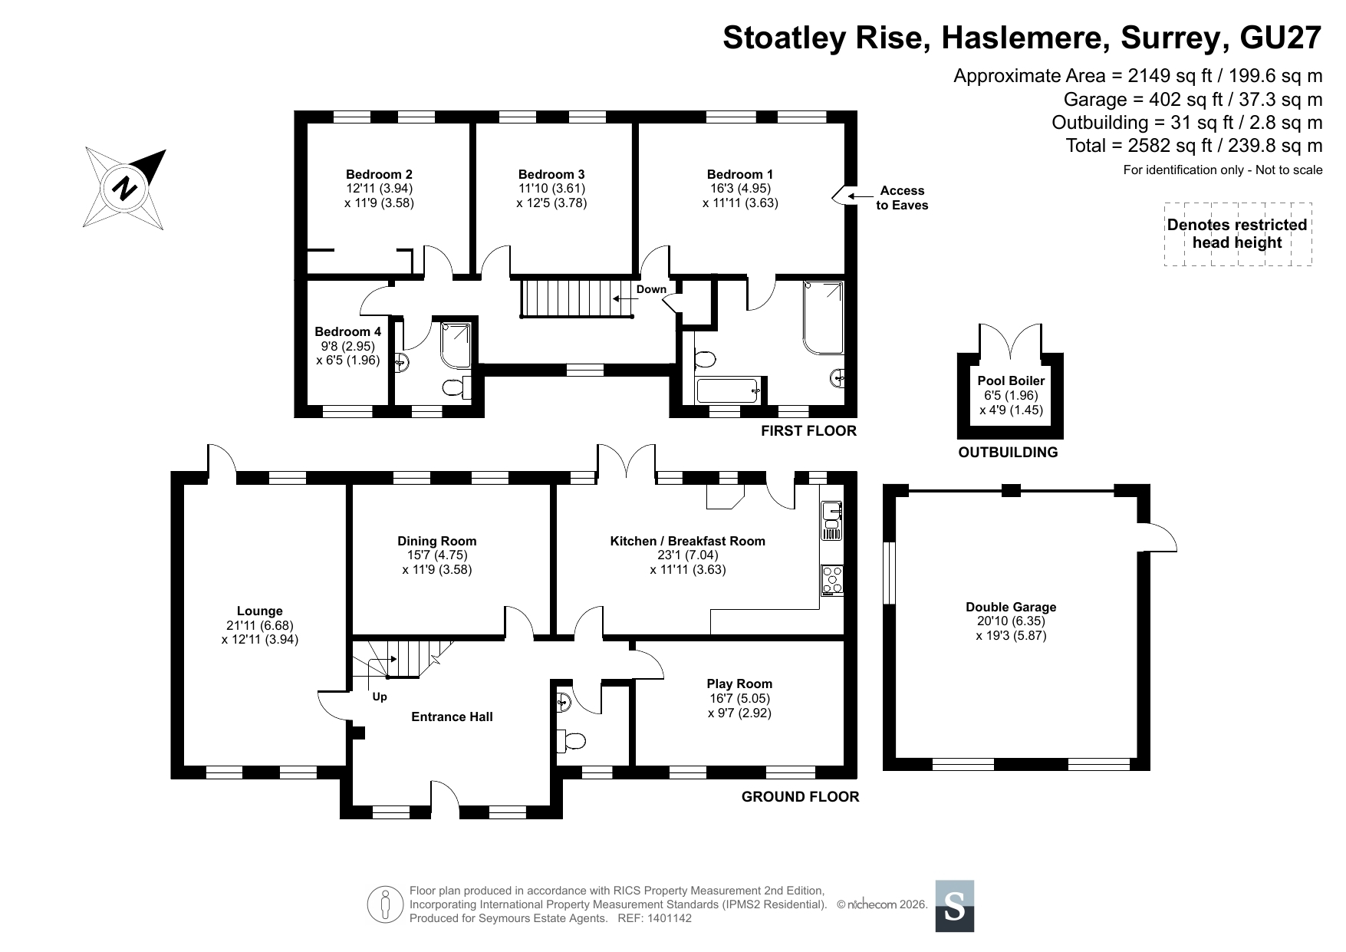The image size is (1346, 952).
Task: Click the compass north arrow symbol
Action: (x=125, y=187)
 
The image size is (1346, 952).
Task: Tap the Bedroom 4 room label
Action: (x=347, y=332)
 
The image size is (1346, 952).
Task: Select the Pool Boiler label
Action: (x=1011, y=380)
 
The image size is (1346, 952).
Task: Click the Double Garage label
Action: (x=1011, y=608)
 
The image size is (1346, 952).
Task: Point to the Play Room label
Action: (x=739, y=684)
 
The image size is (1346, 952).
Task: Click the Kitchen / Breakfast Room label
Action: (x=687, y=542)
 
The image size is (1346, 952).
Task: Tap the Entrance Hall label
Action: (x=452, y=716)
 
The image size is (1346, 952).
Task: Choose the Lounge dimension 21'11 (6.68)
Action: (x=260, y=625)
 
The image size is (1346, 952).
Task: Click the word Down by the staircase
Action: (x=651, y=289)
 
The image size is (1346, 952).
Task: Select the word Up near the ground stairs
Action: (x=380, y=697)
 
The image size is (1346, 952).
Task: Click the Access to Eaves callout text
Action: (x=902, y=198)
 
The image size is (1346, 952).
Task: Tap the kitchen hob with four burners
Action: (x=831, y=579)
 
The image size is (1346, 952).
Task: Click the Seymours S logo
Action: (x=955, y=906)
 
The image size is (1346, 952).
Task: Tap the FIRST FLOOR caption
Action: (x=808, y=431)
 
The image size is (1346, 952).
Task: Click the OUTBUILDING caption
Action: (x=1008, y=453)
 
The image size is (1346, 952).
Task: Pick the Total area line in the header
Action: (x=1193, y=146)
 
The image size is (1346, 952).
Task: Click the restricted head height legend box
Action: (x=1237, y=234)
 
